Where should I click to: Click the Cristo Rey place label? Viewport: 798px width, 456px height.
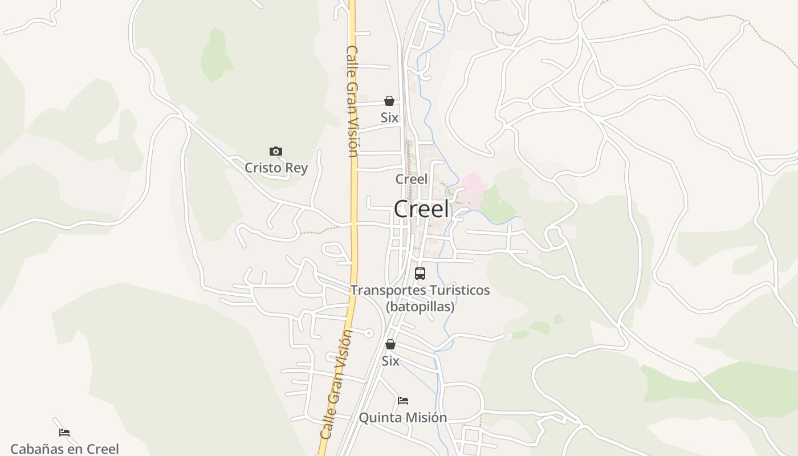276,168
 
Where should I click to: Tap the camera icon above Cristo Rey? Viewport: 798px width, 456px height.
276,151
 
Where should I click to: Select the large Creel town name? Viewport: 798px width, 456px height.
421,209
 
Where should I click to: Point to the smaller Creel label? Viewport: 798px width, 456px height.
411,179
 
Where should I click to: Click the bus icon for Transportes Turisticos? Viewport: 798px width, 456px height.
420,274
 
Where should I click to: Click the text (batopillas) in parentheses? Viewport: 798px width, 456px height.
420,307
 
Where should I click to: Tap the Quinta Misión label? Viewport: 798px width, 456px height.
402,417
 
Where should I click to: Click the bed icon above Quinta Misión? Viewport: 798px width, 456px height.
403,401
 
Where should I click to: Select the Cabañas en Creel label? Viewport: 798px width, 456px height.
64,449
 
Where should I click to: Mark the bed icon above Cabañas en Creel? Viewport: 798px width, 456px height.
64,433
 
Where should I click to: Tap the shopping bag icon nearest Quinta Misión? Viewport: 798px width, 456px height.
390,344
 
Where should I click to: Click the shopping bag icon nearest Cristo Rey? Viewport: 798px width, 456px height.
389,101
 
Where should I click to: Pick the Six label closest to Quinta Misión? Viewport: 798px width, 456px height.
390,361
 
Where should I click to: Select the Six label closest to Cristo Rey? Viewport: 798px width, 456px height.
389,117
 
